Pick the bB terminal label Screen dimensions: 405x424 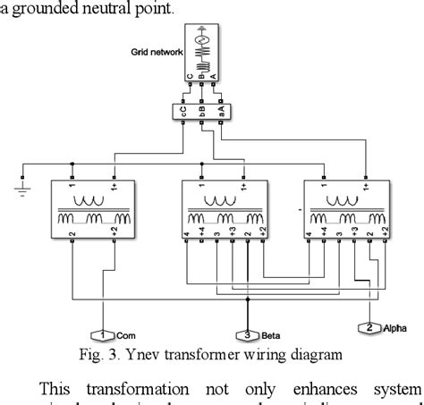point(200,112)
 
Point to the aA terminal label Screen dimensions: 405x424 point(219,112)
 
